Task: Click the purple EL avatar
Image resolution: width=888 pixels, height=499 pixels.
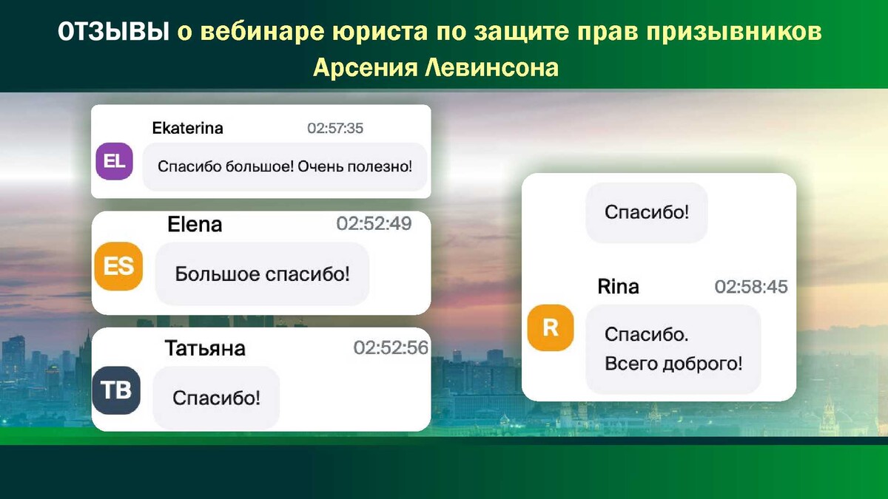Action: pos(114,161)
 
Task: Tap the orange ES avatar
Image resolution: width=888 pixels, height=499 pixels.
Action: pos(118,266)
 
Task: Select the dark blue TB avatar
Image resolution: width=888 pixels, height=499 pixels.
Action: pos(116,390)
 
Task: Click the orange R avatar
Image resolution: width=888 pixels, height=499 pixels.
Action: pos(551,327)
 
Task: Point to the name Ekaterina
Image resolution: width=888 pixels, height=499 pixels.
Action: pos(187,129)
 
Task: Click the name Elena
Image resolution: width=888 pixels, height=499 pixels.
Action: pos(195,225)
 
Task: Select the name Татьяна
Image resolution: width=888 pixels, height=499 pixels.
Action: pos(205,348)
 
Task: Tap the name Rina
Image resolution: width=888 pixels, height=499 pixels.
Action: pos(618,287)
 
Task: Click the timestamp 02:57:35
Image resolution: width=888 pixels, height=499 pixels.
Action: pos(335,129)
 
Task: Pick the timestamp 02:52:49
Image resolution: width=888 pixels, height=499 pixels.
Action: pos(374,224)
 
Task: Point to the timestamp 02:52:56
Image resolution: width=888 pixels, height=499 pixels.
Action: pos(391,347)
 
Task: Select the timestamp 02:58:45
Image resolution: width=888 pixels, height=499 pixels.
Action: pos(751,287)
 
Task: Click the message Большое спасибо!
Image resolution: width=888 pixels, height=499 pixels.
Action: pos(263,274)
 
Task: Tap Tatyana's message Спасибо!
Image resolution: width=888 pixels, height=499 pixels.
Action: pos(216,398)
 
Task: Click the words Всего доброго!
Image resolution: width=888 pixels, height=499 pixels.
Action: pos(673,364)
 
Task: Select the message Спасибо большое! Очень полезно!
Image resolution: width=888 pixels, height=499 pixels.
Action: pos(285,167)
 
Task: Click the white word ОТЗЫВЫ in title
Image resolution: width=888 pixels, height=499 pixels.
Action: pos(114,31)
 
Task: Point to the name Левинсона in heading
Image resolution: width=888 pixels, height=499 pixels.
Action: pos(492,68)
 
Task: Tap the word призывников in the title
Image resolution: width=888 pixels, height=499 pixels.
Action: pos(734,32)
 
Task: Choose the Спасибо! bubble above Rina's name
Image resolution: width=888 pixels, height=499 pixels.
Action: pos(647,213)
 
